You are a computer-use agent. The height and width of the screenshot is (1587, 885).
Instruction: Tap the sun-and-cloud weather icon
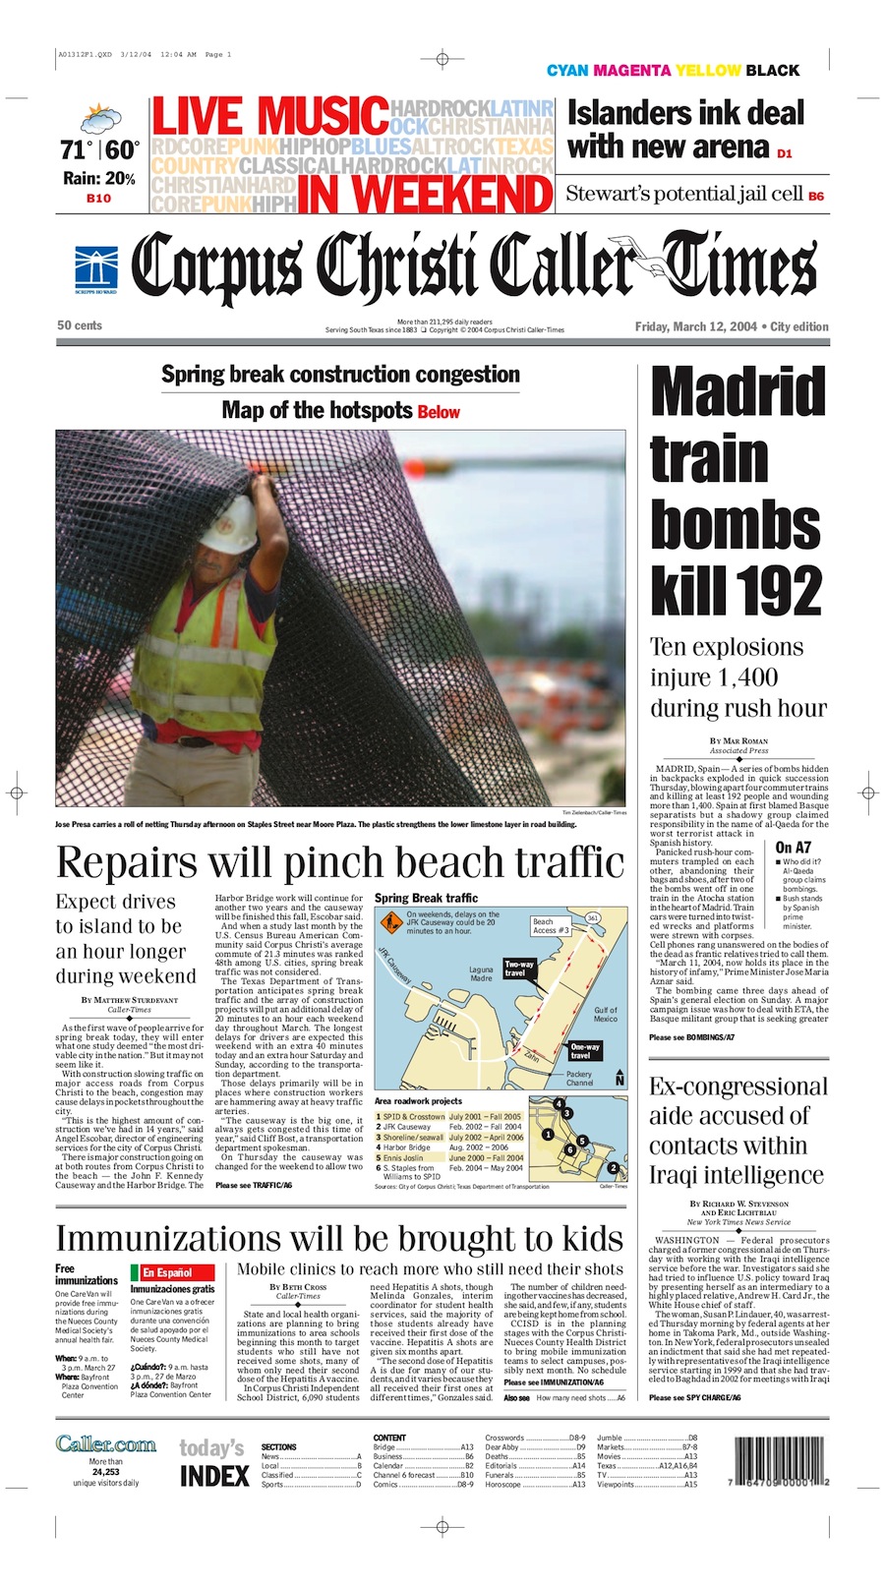pyautogui.click(x=99, y=122)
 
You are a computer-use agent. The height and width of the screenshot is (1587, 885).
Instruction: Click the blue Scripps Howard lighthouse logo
pyautogui.click(x=95, y=268)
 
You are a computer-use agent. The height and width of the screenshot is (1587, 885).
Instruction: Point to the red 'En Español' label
pyautogui.click(x=166, y=1272)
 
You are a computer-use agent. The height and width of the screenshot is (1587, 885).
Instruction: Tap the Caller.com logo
pyautogui.click(x=105, y=1443)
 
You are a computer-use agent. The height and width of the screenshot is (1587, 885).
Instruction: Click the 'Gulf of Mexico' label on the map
pyautogui.click(x=606, y=1014)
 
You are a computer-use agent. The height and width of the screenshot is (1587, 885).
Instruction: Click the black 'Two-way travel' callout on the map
pyautogui.click(x=518, y=969)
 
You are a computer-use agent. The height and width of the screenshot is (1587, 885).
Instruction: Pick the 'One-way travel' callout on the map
pyautogui.click(x=585, y=1051)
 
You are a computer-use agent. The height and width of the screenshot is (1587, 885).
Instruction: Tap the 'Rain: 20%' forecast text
pyautogui.click(x=98, y=178)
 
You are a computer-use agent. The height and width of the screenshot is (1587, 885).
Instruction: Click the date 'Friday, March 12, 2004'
pyautogui.click(x=695, y=326)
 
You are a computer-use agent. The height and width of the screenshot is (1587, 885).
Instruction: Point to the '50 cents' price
pyautogui.click(x=80, y=325)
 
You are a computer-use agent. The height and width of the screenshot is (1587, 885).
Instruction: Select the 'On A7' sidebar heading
pyautogui.click(x=793, y=848)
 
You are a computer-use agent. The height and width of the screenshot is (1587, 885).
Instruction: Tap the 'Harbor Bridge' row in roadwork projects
pyautogui.click(x=406, y=1147)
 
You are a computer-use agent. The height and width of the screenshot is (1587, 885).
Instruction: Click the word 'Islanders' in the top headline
pyautogui.click(x=630, y=113)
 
